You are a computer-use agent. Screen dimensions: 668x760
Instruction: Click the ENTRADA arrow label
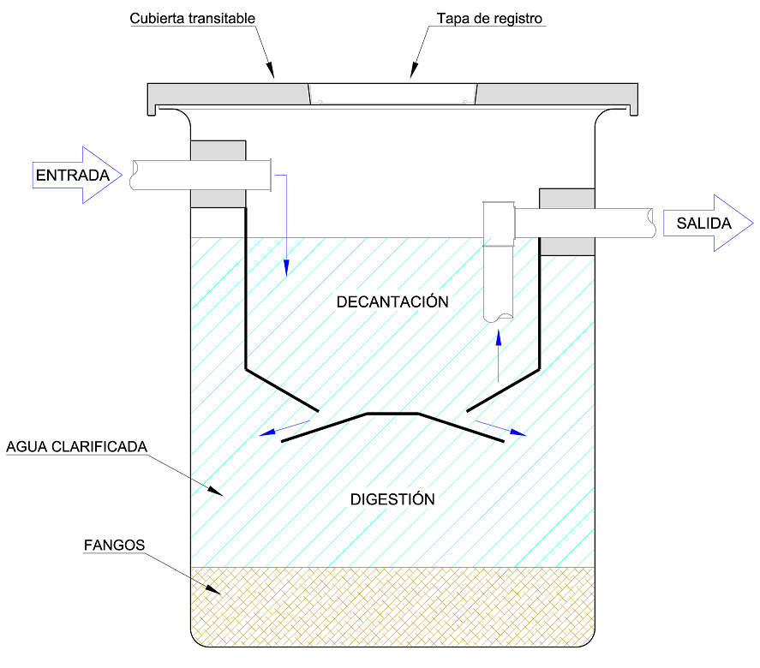(73, 176)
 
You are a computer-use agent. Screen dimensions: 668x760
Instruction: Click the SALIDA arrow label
(703, 224)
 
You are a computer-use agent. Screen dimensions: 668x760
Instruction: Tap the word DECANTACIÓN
(392, 301)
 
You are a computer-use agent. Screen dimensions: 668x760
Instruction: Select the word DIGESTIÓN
(392, 499)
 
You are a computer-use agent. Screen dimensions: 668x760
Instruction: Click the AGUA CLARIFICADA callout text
(76, 447)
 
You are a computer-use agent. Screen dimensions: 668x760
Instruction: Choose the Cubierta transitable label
(193, 18)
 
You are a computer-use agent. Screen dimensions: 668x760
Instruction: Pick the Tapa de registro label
(489, 18)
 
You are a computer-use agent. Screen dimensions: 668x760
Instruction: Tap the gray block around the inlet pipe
(218, 150)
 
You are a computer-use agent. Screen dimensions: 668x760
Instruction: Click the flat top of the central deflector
(392, 414)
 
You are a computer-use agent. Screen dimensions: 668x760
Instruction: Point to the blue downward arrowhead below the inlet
(286, 268)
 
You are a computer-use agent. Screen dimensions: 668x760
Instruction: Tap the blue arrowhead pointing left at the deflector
(268, 433)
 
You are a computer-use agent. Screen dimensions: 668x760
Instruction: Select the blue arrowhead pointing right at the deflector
(518, 433)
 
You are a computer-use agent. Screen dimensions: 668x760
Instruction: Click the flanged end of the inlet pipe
(271, 176)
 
